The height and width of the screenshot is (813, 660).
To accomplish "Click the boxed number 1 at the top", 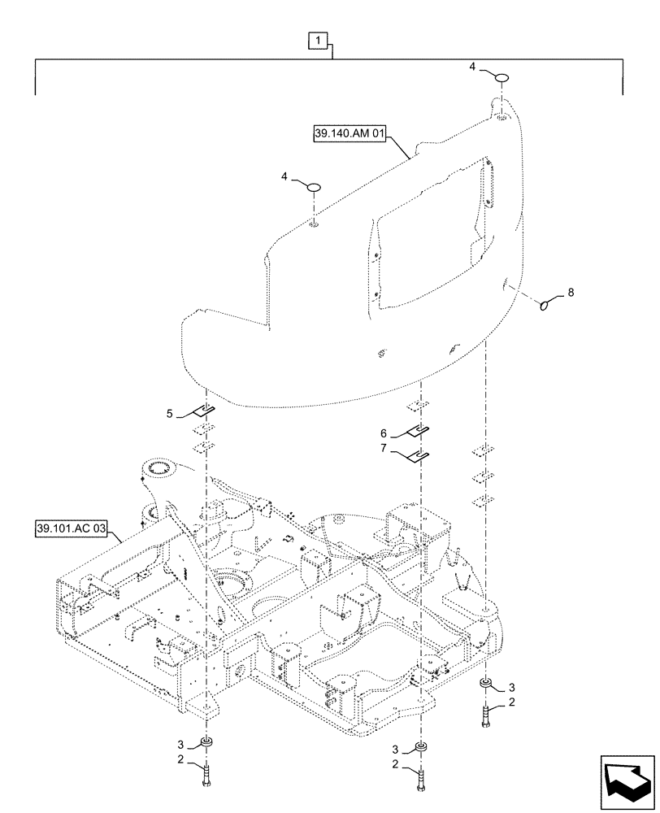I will tap(319, 40).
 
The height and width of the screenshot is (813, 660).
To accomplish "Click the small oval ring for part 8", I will tap(546, 306).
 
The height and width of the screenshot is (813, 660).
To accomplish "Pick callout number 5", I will tap(169, 414).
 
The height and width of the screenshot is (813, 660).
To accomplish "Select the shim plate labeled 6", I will tap(417, 431).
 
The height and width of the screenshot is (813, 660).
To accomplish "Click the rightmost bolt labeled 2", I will tap(485, 715).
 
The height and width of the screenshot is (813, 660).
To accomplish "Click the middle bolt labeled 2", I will tap(421, 778).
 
